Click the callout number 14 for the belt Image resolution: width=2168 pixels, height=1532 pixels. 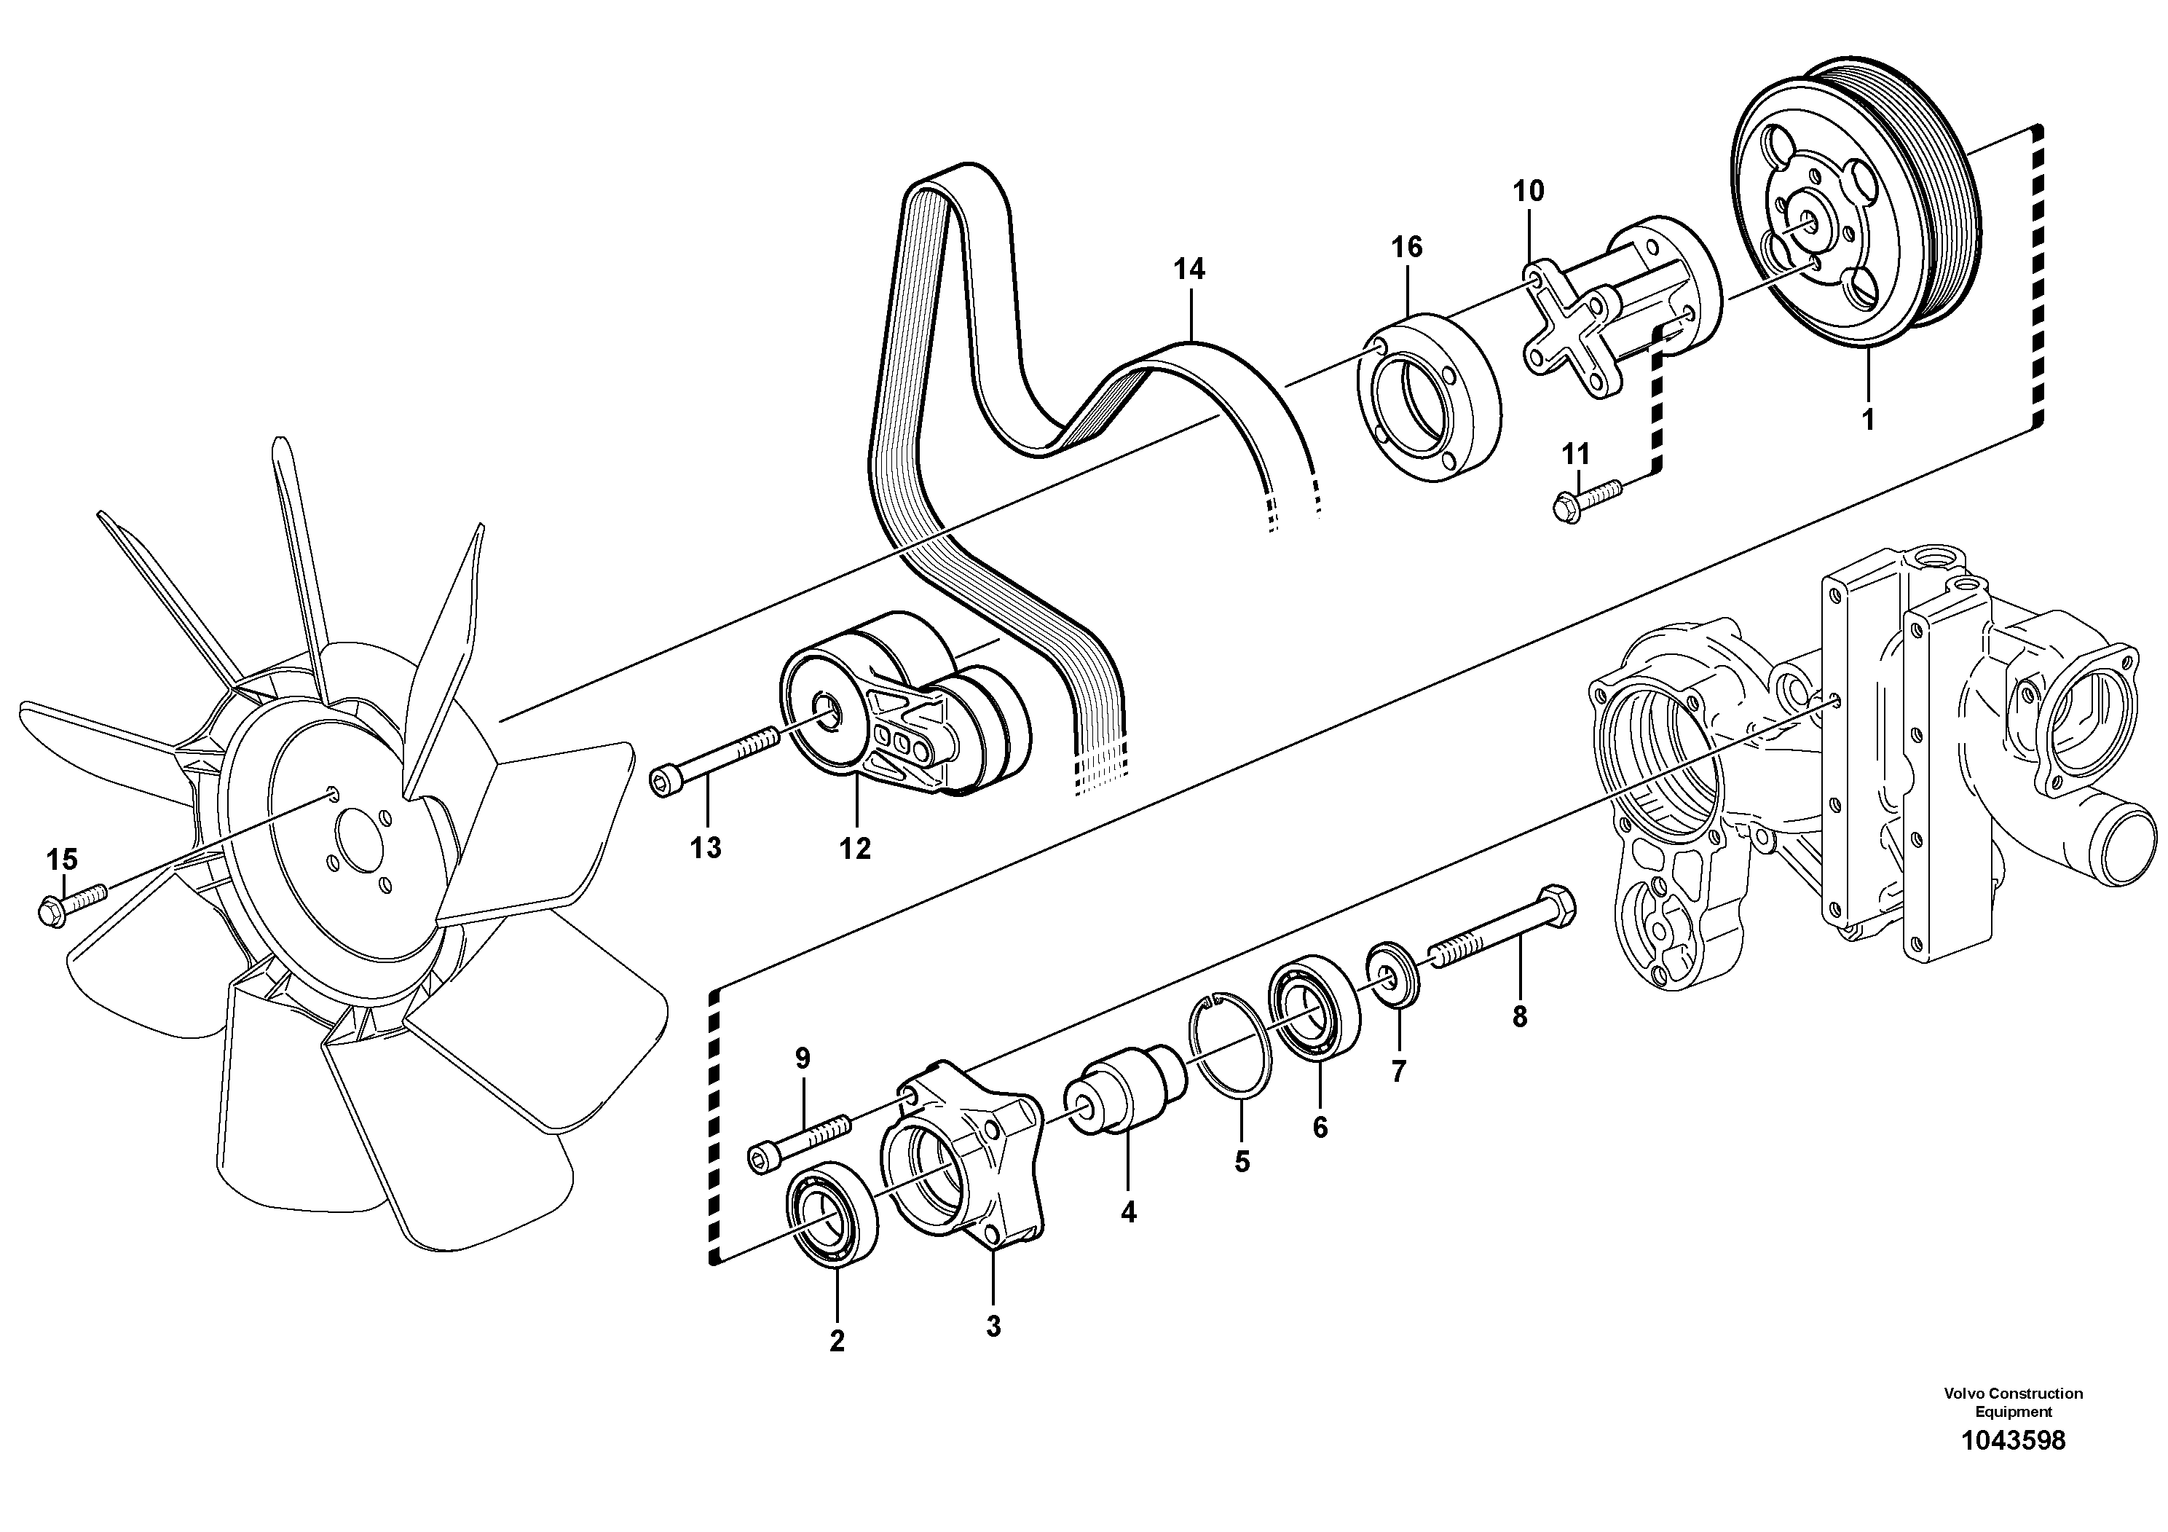click(1189, 270)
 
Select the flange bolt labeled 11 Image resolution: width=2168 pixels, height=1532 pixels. click(1585, 499)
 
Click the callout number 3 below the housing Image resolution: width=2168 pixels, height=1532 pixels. click(993, 1326)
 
